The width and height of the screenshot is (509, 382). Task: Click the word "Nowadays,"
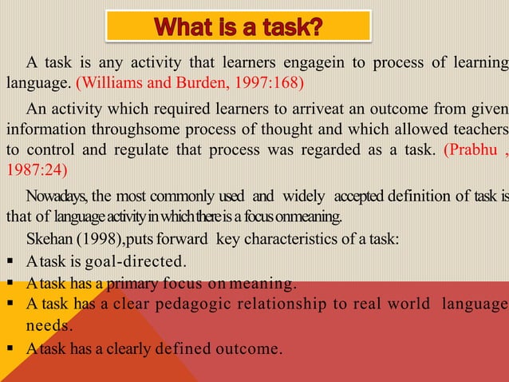(57, 197)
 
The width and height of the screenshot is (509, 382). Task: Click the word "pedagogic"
(200, 304)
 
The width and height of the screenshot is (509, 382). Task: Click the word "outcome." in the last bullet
(255, 349)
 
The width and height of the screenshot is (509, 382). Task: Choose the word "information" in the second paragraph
(44, 129)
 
